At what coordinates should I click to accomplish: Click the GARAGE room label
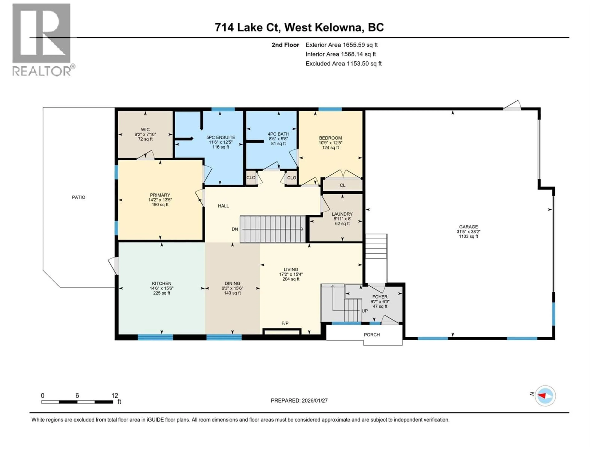[468, 227]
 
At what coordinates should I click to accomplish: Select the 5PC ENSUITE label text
[220, 138]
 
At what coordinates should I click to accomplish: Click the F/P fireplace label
[285, 323]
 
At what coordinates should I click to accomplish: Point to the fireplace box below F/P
[282, 332]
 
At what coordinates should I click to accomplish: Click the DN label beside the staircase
[235, 229]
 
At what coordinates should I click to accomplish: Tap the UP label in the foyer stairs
[365, 311]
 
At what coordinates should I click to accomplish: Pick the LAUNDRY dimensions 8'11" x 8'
[342, 219]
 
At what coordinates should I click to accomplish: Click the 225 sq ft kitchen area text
[162, 293]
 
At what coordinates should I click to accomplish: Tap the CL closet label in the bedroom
[343, 185]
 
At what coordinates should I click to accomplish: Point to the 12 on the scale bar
[114, 396]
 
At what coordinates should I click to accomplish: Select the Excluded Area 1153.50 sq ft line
[343, 64]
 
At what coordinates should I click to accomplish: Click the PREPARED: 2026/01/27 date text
[299, 401]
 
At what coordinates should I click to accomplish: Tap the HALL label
[223, 206]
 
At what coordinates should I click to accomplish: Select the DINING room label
[232, 283]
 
